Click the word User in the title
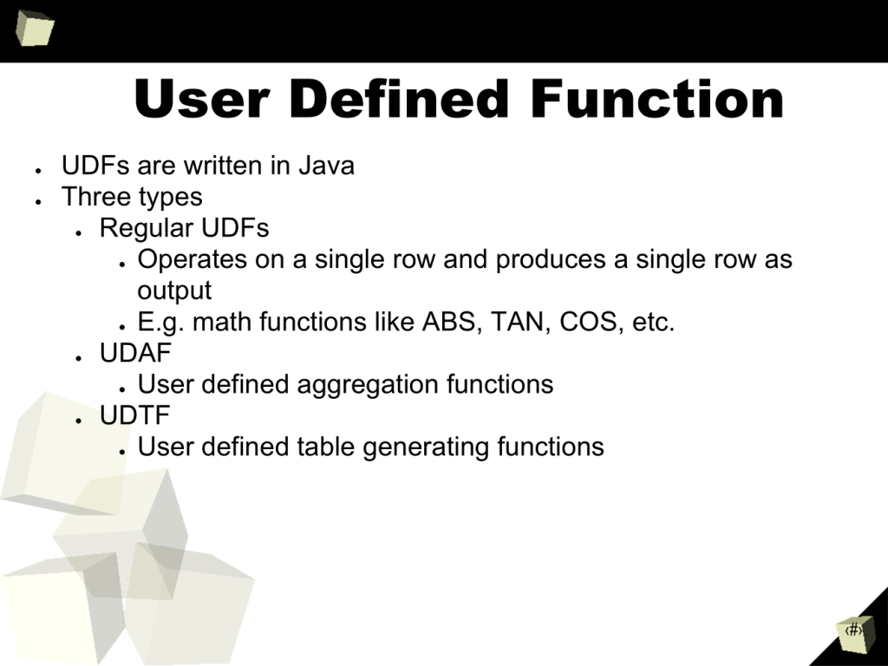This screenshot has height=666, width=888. pyautogui.click(x=201, y=99)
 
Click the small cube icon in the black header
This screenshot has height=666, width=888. pyautogui.click(x=35, y=28)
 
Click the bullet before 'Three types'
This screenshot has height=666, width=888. pyautogui.click(x=38, y=201)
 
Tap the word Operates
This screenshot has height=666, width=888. pyautogui.click(x=192, y=259)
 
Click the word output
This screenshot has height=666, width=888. pyautogui.click(x=174, y=291)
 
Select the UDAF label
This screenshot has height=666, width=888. pyautogui.click(x=135, y=353)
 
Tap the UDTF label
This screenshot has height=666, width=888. pyautogui.click(x=134, y=415)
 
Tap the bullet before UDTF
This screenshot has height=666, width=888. pyautogui.click(x=79, y=421)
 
